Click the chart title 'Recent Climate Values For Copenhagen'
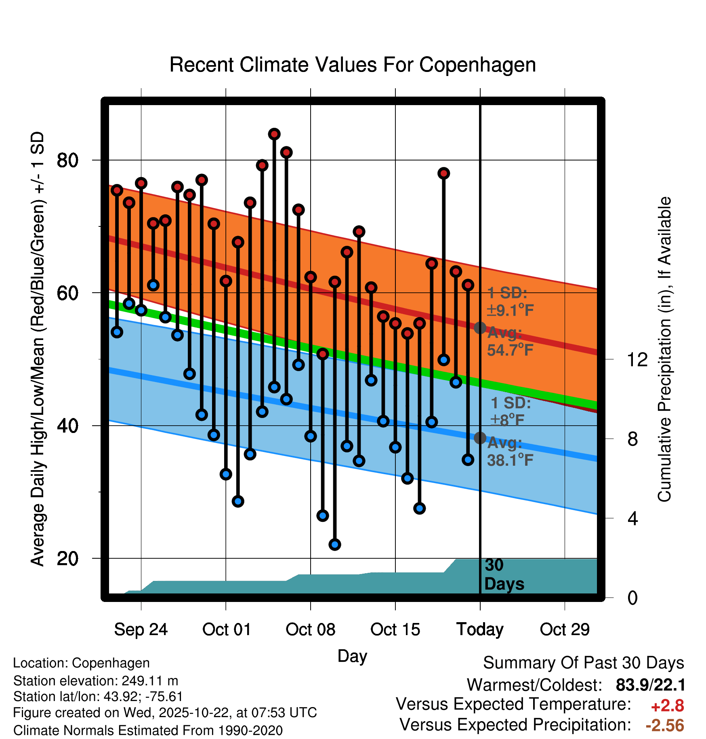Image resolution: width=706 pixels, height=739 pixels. (x=353, y=65)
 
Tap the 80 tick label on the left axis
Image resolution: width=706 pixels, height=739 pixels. (x=67, y=160)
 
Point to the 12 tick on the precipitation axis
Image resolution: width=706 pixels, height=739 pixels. (x=637, y=359)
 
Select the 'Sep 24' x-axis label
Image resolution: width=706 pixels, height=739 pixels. (x=141, y=629)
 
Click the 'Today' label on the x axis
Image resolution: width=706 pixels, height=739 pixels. (x=480, y=629)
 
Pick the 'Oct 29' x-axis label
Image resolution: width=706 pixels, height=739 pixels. (x=565, y=629)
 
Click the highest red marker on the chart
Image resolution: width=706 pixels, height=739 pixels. (x=274, y=134)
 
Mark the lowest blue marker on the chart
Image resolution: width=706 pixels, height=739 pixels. (x=335, y=545)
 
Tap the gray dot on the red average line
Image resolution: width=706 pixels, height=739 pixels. (x=480, y=328)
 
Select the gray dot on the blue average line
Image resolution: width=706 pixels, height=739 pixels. (x=480, y=438)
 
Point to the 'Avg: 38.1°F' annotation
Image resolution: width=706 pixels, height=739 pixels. (x=510, y=452)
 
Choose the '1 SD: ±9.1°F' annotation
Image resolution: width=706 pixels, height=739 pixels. (x=510, y=302)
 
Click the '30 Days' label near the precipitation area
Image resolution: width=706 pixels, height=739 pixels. (x=504, y=574)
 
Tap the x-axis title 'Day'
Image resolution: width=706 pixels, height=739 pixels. (x=352, y=656)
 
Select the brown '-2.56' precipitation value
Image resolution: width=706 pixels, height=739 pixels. (x=665, y=725)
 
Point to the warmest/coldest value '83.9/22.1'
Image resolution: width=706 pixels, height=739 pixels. (x=650, y=685)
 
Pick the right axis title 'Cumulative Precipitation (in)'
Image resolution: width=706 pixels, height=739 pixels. (x=664, y=350)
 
